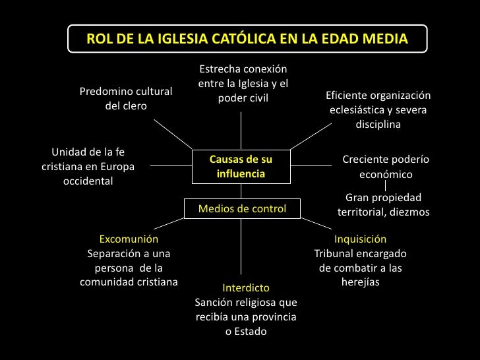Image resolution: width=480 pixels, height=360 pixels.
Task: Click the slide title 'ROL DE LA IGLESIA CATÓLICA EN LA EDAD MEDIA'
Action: pos(247,39)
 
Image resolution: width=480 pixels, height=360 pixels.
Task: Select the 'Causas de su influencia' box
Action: pos(240,167)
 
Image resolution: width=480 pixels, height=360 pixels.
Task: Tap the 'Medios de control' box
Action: pos(242,209)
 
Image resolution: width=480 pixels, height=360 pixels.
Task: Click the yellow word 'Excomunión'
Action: pos(129,239)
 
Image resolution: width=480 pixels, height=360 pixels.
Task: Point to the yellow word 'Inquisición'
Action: pos(360,239)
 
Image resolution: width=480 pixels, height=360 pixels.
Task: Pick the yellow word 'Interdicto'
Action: pos(246,288)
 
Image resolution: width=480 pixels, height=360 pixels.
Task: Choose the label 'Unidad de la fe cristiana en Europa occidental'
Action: pos(88,167)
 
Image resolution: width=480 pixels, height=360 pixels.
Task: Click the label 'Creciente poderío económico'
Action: pos(386,167)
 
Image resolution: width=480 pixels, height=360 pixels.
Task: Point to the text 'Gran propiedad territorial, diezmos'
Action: pos(383,205)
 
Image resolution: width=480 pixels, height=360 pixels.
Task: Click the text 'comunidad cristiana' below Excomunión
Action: pos(129,283)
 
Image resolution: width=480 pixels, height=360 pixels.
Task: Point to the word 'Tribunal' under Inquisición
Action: pos(334,254)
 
